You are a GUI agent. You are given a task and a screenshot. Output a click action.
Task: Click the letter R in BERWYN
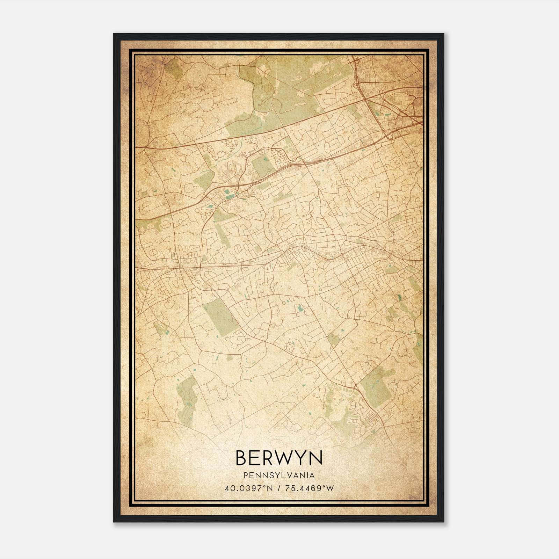(x=265, y=458)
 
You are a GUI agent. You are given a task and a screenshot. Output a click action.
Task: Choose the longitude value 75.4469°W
(x=310, y=488)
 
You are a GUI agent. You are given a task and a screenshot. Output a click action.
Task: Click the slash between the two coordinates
(x=279, y=488)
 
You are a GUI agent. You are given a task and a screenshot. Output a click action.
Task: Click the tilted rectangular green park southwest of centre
(x=220, y=316)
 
